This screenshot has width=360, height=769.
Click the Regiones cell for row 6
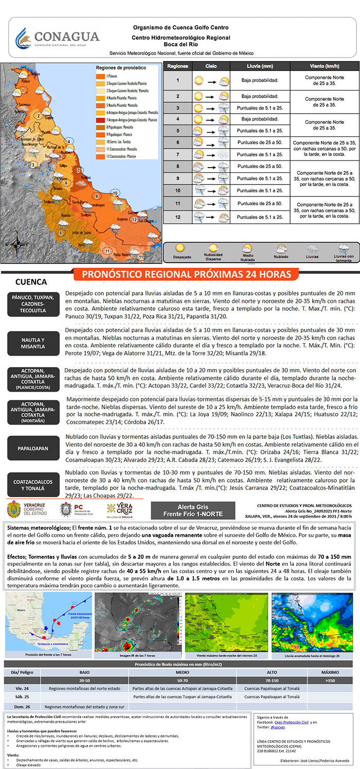[177, 142]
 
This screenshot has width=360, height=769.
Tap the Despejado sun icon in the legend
[182, 251]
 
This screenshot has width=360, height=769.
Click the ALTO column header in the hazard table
[272, 672]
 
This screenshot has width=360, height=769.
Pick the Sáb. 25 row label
[22, 697]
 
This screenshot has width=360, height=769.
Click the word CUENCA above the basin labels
[31, 282]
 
